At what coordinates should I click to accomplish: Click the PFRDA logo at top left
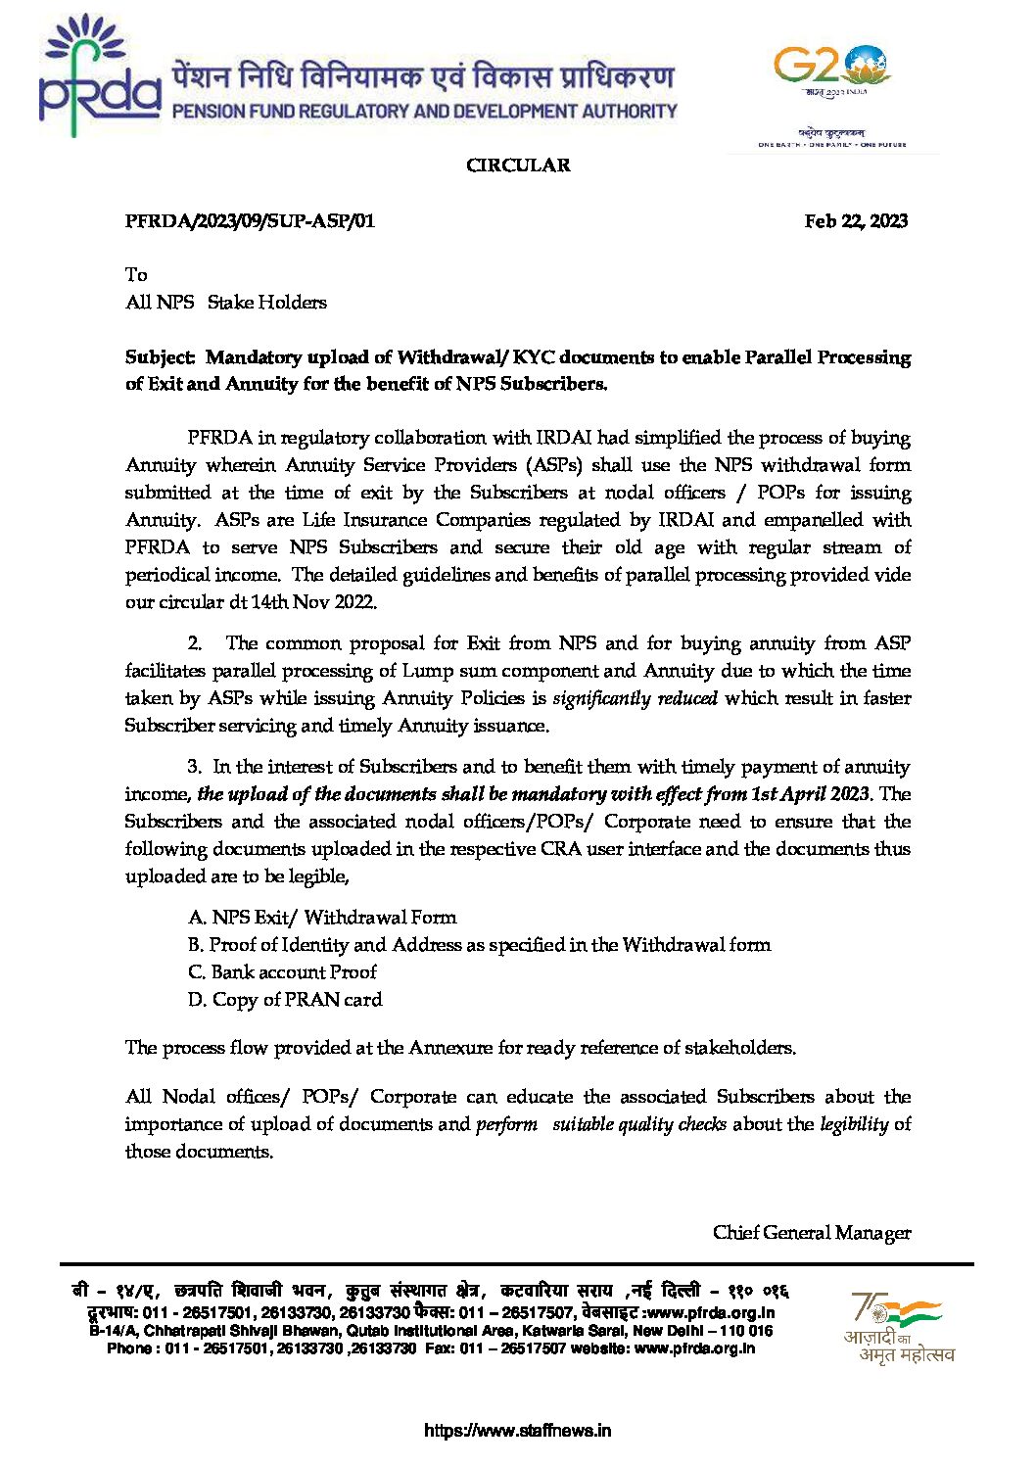(99, 77)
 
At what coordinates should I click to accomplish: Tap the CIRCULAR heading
(518, 166)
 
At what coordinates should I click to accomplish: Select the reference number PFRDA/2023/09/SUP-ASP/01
(250, 221)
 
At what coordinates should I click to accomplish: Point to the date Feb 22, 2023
(856, 221)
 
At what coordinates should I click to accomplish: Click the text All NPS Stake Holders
(226, 303)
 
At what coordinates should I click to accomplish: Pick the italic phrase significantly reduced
(635, 698)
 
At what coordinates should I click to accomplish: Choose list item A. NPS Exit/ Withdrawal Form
(322, 918)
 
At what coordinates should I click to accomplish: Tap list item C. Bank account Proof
(282, 972)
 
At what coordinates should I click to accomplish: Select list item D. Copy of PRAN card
(285, 1000)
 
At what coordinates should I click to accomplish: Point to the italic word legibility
(854, 1124)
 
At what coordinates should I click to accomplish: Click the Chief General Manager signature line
(812, 1233)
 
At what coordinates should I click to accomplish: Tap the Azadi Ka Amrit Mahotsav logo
(898, 1327)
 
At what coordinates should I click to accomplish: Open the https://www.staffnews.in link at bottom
(517, 1431)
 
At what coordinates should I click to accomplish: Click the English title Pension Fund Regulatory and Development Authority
(424, 112)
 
